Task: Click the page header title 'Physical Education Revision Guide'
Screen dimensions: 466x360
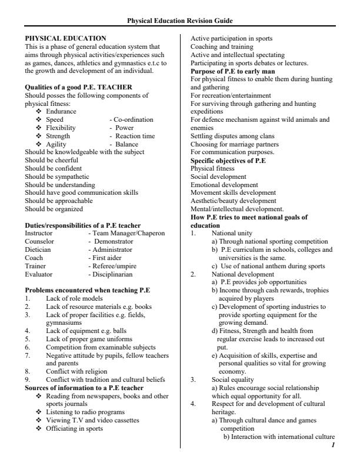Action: coord(180,21)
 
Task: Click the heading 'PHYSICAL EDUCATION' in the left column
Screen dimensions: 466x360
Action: coord(66,38)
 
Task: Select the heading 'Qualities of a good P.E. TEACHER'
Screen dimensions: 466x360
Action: coord(78,87)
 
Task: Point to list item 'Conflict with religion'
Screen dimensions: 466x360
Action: coord(76,371)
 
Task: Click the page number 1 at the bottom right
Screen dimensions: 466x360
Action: coord(333,444)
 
